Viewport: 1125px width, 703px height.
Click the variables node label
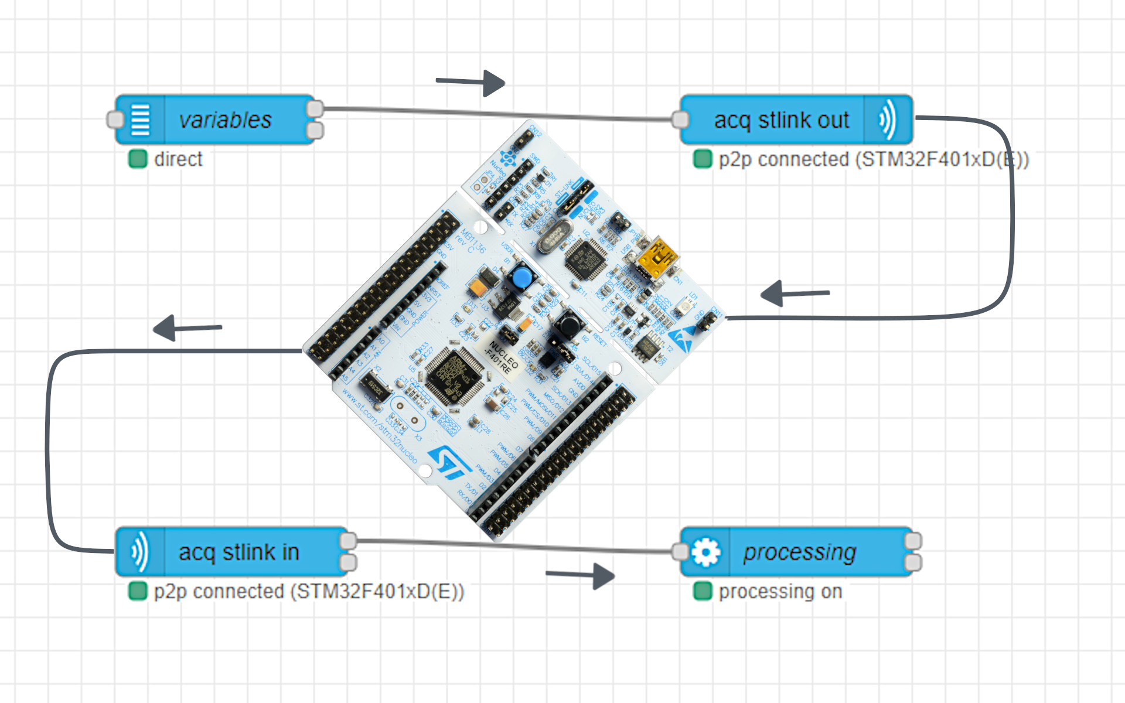225,120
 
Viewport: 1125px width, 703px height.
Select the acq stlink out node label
780,120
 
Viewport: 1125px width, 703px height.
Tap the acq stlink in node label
238,552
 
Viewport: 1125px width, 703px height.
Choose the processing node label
799,552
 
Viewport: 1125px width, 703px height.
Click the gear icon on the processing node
705,552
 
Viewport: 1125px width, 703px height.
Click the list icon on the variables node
140,120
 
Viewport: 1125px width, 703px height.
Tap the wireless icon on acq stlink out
888,120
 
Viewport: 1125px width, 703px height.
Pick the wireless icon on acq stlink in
139,552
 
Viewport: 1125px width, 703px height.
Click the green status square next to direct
138,159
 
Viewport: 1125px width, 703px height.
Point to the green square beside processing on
702,592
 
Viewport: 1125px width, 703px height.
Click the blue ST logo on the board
449,461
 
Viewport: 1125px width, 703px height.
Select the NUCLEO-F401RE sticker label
501,357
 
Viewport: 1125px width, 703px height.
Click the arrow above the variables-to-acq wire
471,83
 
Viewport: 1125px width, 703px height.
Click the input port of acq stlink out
680,120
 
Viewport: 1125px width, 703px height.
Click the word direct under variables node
178,159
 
